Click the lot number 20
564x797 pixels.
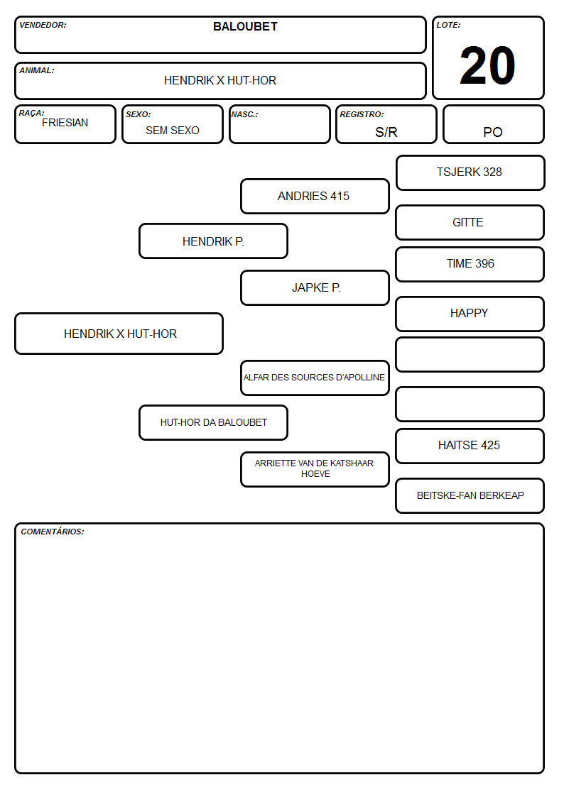487,65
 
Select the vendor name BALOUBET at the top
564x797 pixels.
245,26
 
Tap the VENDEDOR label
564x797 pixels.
43,25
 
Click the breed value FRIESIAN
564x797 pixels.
65,123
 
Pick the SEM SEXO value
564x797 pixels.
173,131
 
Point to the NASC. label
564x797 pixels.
244,114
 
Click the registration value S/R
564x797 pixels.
386,132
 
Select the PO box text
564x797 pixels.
493,132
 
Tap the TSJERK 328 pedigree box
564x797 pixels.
470,173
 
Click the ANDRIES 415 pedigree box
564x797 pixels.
315,196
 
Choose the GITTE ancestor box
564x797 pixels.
470,222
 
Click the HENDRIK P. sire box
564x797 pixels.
214,241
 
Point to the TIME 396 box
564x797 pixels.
470,264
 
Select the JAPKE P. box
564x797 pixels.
315,287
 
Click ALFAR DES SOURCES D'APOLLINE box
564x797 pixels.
315,378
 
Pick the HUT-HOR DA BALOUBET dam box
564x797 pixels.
214,422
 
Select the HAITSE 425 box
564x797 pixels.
470,446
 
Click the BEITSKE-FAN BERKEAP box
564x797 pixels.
470,495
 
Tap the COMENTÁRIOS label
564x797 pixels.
53,532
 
